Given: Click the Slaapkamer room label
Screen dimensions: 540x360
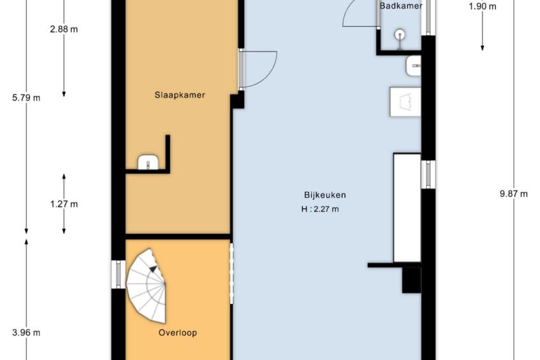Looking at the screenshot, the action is [180, 95].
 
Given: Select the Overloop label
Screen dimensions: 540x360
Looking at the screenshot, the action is [178, 333].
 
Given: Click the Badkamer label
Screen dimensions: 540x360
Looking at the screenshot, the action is [401, 6].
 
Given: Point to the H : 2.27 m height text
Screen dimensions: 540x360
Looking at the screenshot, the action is [320, 209].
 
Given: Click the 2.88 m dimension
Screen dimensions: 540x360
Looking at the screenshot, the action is [64, 29].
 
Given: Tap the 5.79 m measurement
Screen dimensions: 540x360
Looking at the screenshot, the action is [26, 98].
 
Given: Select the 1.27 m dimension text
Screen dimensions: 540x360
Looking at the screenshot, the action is [64, 205].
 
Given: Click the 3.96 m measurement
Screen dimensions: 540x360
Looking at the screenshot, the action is [26, 333].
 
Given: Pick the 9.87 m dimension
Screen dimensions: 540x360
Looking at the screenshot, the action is [513, 194].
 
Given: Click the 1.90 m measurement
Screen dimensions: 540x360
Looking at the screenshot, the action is [483, 6].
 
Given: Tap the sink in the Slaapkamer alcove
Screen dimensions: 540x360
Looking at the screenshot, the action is [148, 162].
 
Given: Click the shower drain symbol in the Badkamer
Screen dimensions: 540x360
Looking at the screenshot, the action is [399, 34].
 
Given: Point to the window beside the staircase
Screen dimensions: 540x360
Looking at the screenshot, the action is [118, 274].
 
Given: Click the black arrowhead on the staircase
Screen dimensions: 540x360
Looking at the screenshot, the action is [153, 269].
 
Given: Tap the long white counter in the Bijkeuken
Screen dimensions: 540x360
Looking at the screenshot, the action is [407, 208].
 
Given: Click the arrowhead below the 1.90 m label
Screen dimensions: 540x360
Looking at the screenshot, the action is [483, 48].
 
